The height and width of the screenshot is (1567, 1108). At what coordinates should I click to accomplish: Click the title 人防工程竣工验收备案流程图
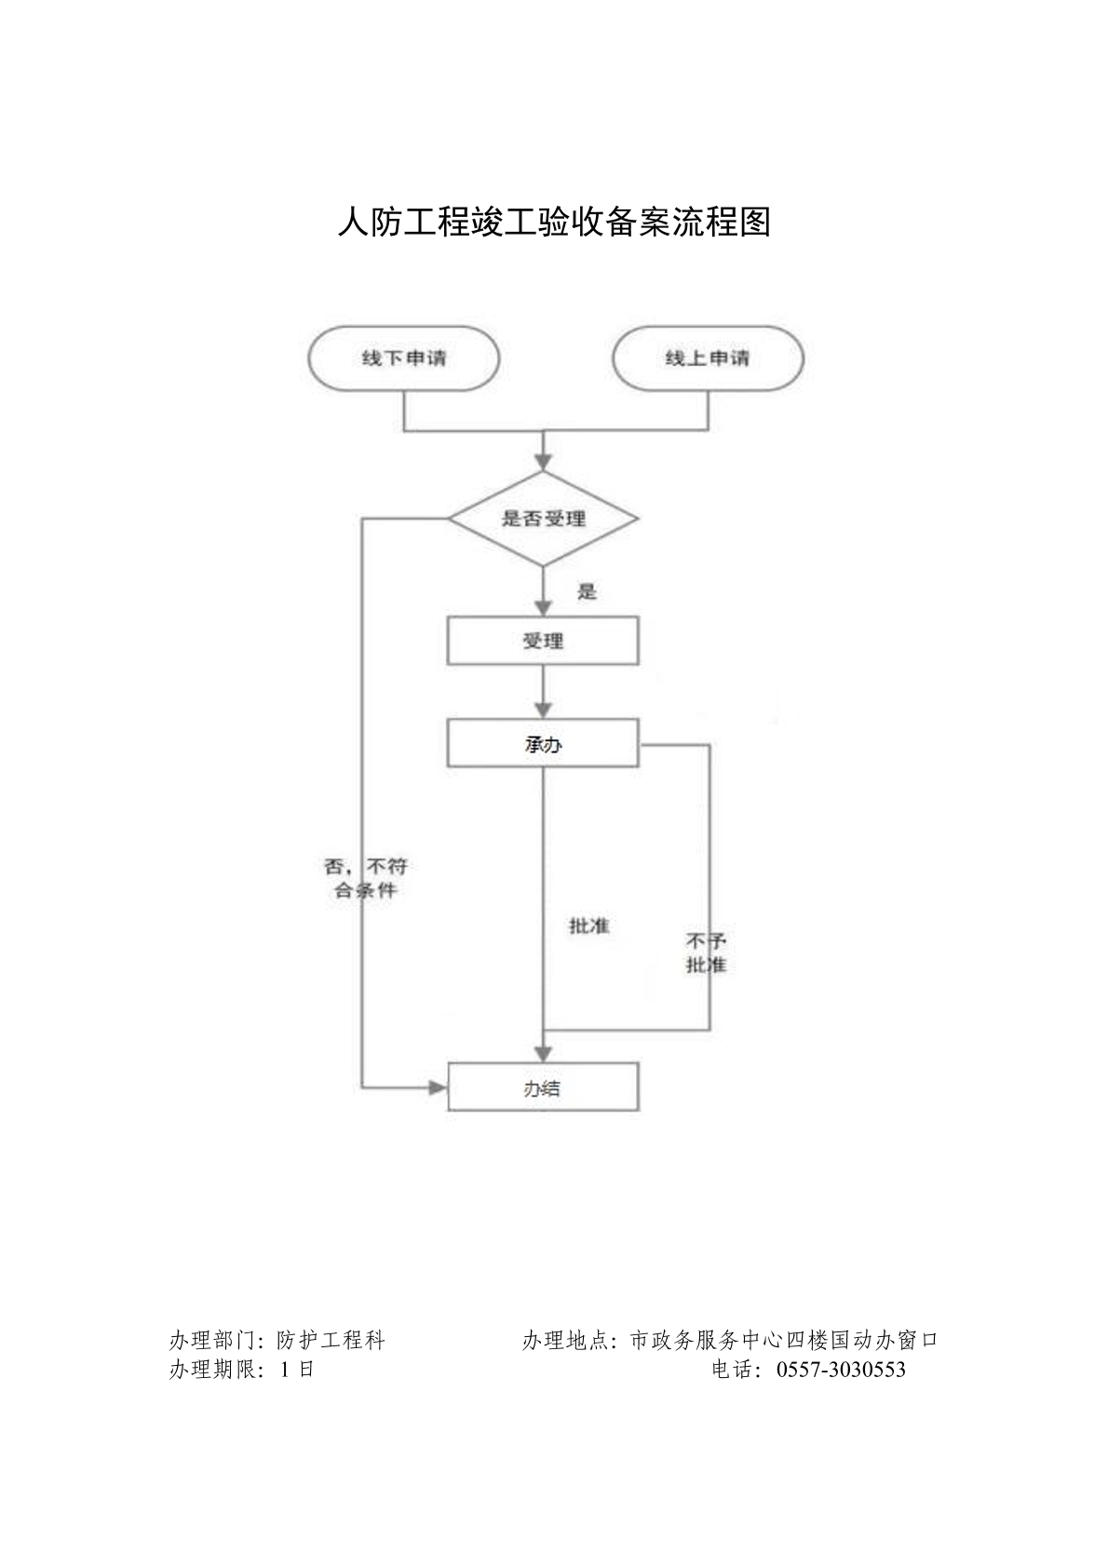click(x=554, y=223)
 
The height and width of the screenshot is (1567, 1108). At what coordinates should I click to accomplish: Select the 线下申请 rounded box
click(x=404, y=358)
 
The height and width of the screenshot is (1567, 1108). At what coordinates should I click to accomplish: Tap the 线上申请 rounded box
click(x=708, y=358)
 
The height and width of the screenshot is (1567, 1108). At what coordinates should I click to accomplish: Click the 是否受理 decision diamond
click(x=544, y=519)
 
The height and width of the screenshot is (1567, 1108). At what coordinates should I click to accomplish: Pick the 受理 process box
click(x=544, y=642)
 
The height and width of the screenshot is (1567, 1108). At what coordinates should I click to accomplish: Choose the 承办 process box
click(x=544, y=744)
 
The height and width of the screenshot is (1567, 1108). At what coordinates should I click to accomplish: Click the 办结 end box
click(x=544, y=1087)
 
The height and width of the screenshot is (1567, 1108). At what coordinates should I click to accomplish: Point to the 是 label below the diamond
click(x=587, y=592)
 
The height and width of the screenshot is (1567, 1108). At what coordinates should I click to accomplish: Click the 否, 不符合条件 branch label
click(x=366, y=878)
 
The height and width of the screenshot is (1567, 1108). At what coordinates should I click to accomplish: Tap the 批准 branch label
click(x=589, y=926)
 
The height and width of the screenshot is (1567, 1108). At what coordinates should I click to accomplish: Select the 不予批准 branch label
click(x=706, y=952)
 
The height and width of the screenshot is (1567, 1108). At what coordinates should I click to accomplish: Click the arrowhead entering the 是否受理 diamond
click(x=544, y=462)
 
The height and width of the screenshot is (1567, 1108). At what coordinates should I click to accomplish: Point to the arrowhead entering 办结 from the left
click(x=438, y=1087)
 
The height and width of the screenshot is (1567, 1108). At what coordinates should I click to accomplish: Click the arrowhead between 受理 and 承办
click(x=544, y=708)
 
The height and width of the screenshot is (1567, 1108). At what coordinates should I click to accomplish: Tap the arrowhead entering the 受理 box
click(x=544, y=606)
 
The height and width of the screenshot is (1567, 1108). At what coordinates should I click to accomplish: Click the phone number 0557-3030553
click(x=840, y=1370)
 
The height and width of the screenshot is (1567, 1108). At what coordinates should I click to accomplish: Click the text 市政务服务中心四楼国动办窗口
click(x=784, y=1341)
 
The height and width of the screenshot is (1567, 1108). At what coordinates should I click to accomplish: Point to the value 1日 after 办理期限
click(x=296, y=1370)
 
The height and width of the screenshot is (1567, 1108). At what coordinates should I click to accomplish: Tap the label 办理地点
click(x=565, y=1341)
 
